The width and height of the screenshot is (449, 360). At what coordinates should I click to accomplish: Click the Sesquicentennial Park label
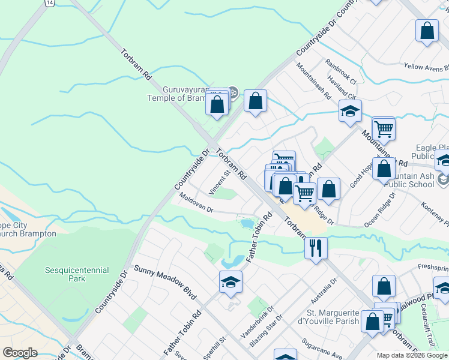[x=74, y=274]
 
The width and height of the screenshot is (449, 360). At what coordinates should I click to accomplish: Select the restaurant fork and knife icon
[x=316, y=247]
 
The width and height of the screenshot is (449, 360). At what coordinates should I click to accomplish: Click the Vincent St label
[x=220, y=183]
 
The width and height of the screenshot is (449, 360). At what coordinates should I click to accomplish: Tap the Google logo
[x=20, y=353]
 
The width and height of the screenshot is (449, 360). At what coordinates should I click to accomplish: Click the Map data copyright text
[x=412, y=355]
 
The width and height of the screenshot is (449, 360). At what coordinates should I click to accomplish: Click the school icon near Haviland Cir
[x=350, y=112]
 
